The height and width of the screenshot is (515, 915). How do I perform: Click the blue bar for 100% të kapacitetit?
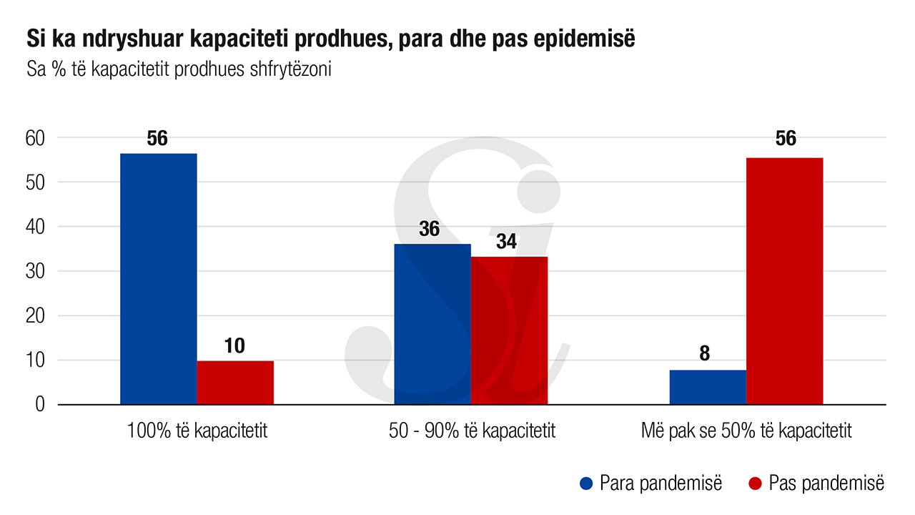pyautogui.click(x=158, y=279)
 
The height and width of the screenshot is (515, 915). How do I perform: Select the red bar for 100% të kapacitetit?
pyautogui.click(x=235, y=383)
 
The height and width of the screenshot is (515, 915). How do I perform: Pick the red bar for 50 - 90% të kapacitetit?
pyautogui.click(x=509, y=330)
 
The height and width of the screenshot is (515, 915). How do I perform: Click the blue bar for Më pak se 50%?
pyautogui.click(x=708, y=387)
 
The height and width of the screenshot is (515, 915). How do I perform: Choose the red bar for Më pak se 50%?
pyautogui.click(x=784, y=281)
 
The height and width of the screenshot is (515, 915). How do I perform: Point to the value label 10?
pyautogui.click(x=234, y=346)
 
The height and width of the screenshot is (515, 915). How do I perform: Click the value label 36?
pyautogui.click(x=430, y=230)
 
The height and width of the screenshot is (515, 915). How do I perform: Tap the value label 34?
pyautogui.click(x=506, y=242)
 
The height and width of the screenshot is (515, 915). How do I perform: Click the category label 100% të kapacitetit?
pyautogui.click(x=197, y=431)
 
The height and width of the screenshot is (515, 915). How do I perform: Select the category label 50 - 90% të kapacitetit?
pyautogui.click(x=472, y=431)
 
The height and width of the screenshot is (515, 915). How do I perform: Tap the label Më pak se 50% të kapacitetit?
pyautogui.click(x=746, y=431)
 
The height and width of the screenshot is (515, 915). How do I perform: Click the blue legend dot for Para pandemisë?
pyautogui.click(x=587, y=484)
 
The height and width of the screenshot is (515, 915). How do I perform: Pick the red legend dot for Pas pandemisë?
pyautogui.click(x=755, y=484)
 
